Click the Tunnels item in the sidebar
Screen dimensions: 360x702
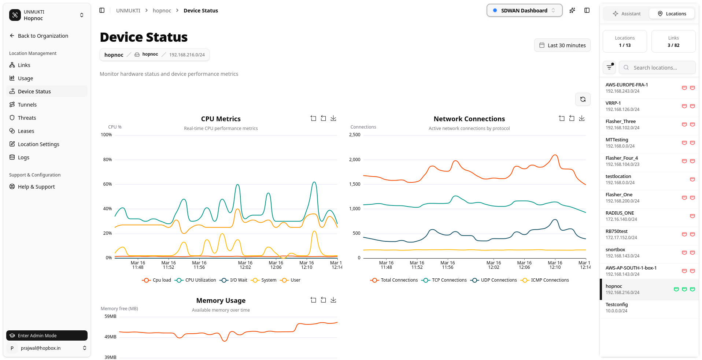tap(27, 105)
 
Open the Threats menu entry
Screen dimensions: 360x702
tap(27, 118)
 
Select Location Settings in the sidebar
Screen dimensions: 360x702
tap(38, 144)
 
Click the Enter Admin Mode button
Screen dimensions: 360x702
tap(47, 335)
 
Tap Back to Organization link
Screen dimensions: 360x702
tap(43, 36)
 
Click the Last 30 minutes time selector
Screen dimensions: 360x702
tap(562, 45)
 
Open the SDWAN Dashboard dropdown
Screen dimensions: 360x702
tap(524, 11)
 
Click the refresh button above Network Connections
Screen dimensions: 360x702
tap(583, 99)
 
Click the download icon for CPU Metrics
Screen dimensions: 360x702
tap(333, 118)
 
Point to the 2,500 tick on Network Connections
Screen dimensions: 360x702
tap(355, 135)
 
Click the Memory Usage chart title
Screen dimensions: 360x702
tap(221, 301)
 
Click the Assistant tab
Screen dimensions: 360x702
tap(627, 14)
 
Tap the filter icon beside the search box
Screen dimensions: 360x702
tap(609, 67)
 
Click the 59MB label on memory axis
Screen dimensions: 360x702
tap(110, 316)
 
